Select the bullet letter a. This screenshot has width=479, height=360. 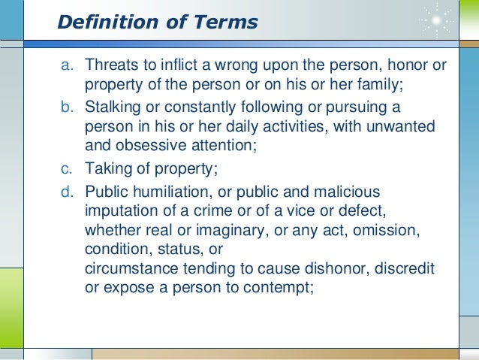pyautogui.click(x=67, y=65)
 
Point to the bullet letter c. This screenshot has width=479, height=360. pyautogui.click(x=67, y=169)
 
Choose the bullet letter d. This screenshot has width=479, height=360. pyautogui.click(x=67, y=192)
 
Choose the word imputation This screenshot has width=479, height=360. pyautogui.click(x=119, y=210)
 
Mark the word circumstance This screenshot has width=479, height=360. pyautogui.click(x=127, y=269)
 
